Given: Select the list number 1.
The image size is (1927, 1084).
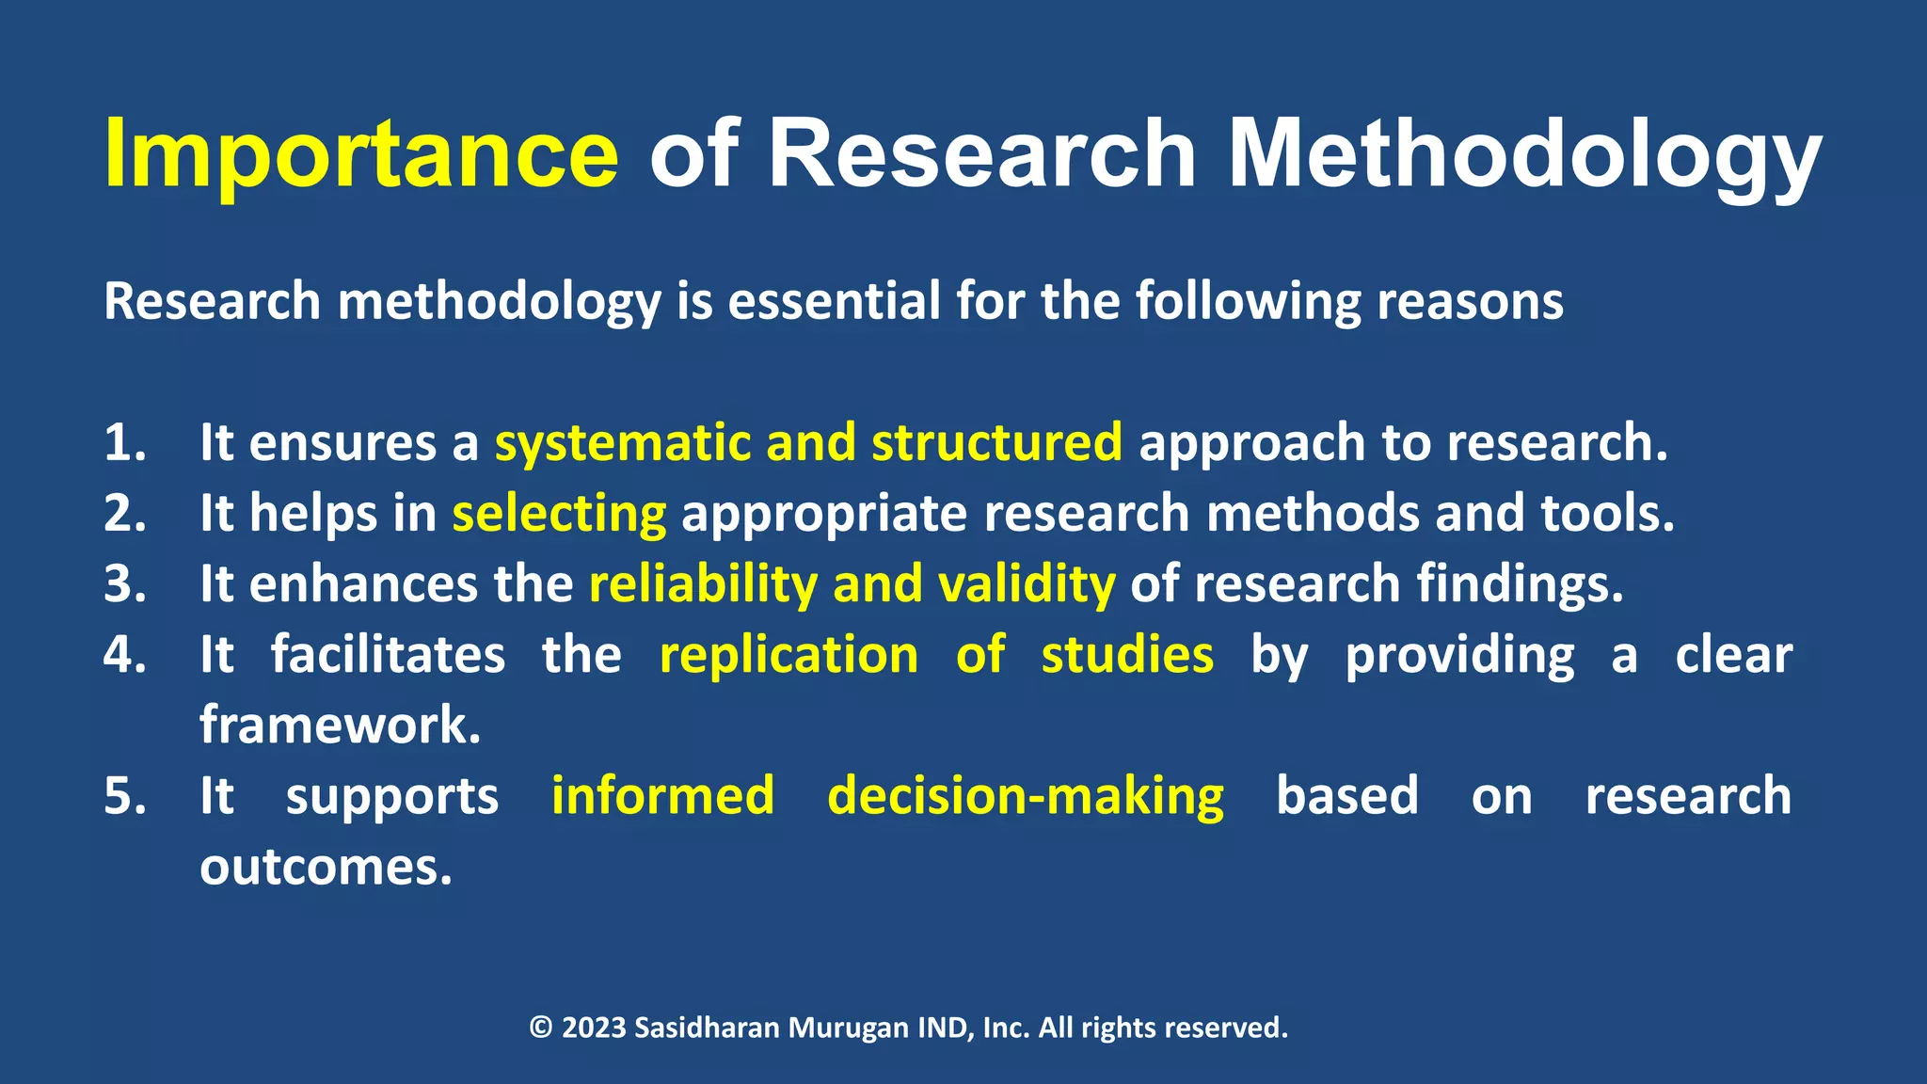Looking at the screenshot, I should (124, 442).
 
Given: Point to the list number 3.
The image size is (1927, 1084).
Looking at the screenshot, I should (124, 583).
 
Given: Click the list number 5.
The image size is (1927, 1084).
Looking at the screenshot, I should (124, 796).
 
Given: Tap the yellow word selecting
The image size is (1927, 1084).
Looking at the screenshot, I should (559, 514).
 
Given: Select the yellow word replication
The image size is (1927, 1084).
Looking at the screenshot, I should (788, 655).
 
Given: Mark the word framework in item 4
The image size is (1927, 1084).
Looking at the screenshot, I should (340, 725).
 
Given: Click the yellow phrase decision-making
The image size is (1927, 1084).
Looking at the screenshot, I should (1025, 796).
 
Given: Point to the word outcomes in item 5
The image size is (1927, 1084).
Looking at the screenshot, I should (326, 867).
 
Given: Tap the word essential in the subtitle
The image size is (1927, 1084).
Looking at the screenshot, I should (834, 301).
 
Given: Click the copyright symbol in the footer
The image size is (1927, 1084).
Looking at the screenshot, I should (541, 1028).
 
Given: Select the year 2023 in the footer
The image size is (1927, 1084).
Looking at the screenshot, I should (594, 1028).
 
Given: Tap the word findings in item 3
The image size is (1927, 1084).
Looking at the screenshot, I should (1520, 584).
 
